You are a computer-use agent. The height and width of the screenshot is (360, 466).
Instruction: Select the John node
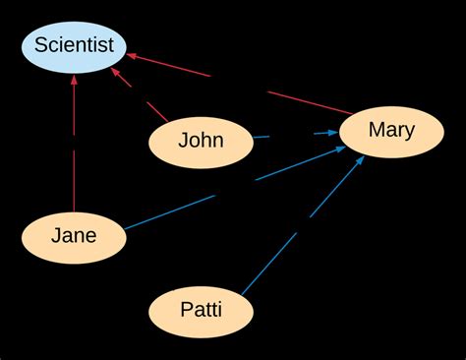tap(201, 141)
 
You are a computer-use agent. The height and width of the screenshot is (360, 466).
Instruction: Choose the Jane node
tap(74, 236)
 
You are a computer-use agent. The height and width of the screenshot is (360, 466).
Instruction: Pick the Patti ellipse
tap(201, 312)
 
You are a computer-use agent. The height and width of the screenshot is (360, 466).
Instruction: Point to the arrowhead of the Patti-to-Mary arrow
tap(361, 160)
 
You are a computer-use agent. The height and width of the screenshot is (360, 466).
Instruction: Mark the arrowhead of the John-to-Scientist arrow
tap(118, 74)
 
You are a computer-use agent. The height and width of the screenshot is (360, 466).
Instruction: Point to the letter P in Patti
tap(186, 311)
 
